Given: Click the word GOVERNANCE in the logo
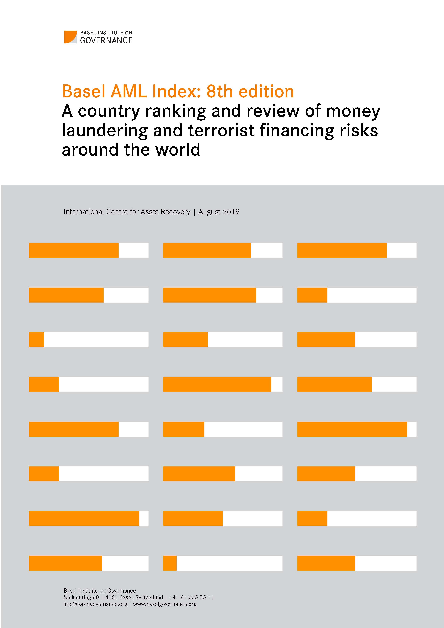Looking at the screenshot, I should tap(106, 40).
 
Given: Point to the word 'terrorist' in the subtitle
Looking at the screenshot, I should tap(221, 131).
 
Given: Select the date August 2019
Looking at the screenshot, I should tap(219, 212).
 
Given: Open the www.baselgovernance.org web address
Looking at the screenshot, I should tap(165, 604).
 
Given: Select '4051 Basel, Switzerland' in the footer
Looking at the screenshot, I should tap(134, 597).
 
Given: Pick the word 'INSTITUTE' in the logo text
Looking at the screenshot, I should tap(111, 33).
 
